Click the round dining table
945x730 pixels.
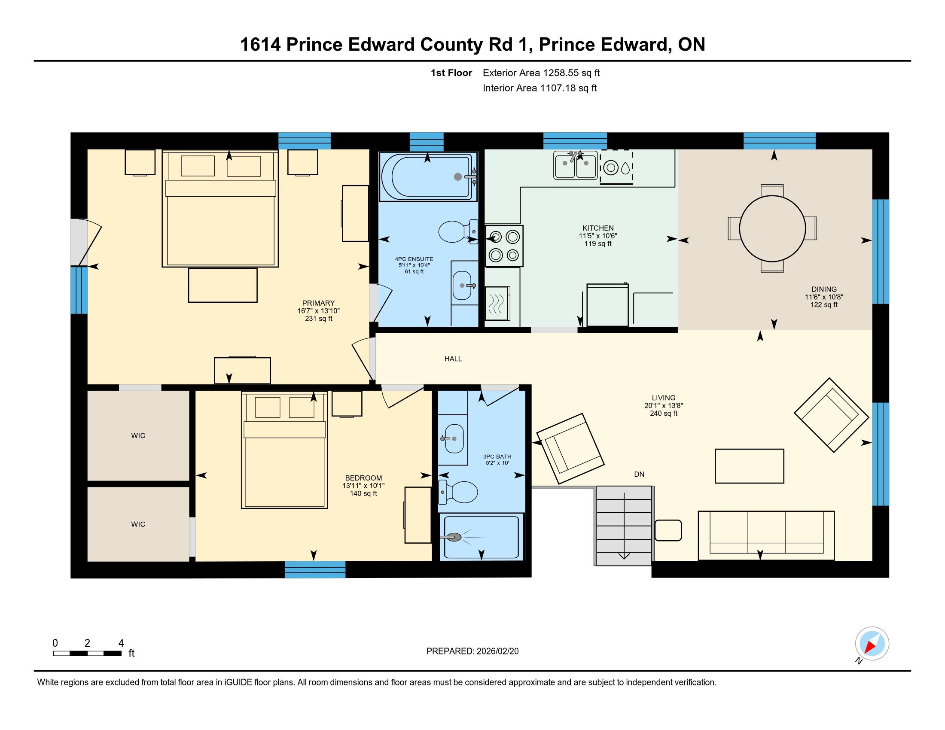[772, 228]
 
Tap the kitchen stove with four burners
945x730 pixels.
[504, 246]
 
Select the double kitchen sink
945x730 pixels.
[576, 165]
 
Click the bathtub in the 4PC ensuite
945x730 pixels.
[428, 176]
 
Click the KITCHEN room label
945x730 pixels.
[598, 228]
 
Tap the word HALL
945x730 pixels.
[453, 359]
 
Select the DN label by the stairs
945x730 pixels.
[639, 474]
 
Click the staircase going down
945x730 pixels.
[624, 526]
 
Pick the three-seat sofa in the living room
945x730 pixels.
[766, 535]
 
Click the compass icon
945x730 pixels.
[872, 644]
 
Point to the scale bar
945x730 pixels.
[87, 654]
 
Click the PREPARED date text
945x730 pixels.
[472, 651]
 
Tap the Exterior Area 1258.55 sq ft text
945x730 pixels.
[541, 73]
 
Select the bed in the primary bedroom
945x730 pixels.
[220, 208]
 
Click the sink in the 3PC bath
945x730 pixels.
[453, 438]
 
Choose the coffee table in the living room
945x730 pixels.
[750, 466]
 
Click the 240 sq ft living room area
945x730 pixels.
[664, 414]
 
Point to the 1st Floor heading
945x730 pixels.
[451, 73]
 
